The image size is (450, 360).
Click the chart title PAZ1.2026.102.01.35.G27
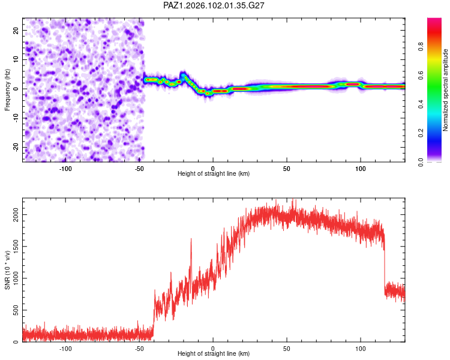[x=214, y=5]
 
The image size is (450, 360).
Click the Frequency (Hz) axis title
[x=7, y=90]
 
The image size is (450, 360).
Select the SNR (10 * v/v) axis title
[x=7, y=270]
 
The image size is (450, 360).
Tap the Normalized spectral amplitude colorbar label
[x=445, y=90]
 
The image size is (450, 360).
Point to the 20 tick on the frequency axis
[x=16, y=30]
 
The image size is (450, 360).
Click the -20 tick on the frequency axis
[x=16, y=147]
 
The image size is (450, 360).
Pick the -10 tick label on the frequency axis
[x=16, y=118]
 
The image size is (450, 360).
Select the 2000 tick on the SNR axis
[x=16, y=214]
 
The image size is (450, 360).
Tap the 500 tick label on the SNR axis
[x=16, y=310]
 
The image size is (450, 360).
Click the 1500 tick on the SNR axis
[x=16, y=247]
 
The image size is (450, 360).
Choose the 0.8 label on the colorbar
[x=421, y=46]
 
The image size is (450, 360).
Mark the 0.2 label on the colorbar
[x=421, y=133]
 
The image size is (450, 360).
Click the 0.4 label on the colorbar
[x=421, y=104]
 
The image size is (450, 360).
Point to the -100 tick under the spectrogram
[x=65, y=169]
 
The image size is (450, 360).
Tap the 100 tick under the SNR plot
[x=361, y=349]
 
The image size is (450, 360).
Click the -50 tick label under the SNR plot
[x=139, y=349]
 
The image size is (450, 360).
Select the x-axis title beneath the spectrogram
[x=214, y=173]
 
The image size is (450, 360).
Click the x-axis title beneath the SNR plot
[x=214, y=353]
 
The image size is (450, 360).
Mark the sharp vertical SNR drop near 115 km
[x=384, y=264]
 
